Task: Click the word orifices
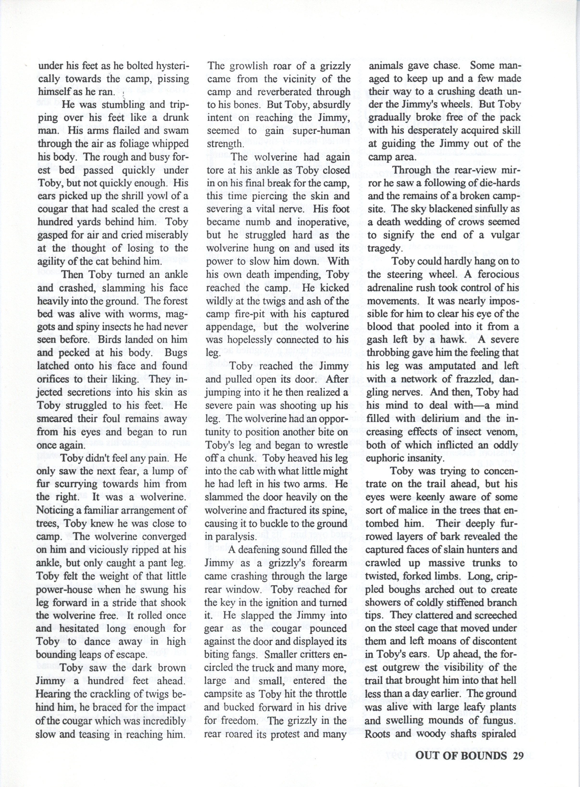[56, 379]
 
